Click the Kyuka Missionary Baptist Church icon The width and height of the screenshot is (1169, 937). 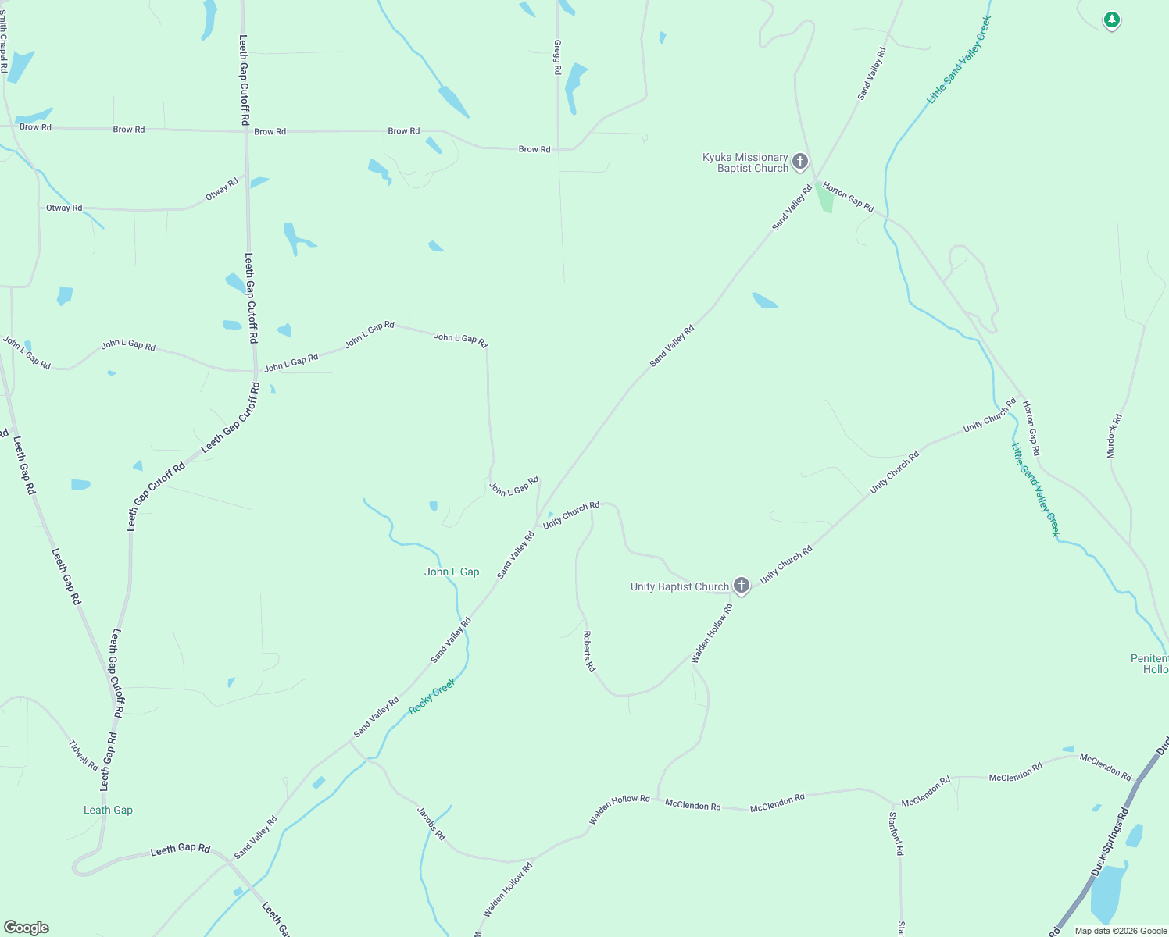(799, 162)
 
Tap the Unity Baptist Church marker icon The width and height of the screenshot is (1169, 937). (742, 585)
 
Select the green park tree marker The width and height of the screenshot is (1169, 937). (1111, 20)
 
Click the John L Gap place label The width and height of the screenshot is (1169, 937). (452, 572)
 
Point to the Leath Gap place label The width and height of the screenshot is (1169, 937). (108, 811)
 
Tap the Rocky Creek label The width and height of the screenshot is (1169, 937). (432, 697)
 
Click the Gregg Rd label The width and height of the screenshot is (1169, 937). (557, 57)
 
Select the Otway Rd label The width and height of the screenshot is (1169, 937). (64, 208)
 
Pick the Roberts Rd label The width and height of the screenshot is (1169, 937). (589, 652)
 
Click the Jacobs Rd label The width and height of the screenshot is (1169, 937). (431, 824)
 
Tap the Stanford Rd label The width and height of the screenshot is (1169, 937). (896, 834)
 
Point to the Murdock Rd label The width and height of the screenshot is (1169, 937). (1114, 436)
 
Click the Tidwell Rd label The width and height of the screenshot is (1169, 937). (84, 755)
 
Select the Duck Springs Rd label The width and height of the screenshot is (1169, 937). (1110, 842)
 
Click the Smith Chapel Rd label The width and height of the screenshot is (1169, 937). (4, 42)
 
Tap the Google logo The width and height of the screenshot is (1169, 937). (27, 928)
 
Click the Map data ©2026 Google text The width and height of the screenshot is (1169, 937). (1121, 931)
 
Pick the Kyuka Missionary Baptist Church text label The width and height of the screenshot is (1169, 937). (745, 162)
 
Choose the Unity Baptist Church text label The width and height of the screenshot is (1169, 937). (679, 586)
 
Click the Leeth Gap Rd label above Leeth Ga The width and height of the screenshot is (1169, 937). (180, 849)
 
